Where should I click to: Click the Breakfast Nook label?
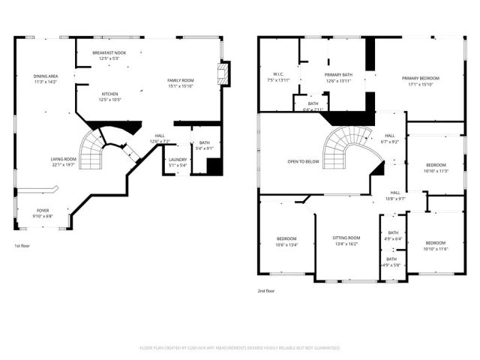(x=110, y=53)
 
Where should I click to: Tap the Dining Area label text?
(x=46, y=76)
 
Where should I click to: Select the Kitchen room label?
(x=110, y=94)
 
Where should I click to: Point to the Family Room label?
(x=180, y=81)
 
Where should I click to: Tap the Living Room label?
(x=64, y=159)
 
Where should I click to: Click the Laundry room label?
(x=177, y=160)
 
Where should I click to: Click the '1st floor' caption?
(x=22, y=246)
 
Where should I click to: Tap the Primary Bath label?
(x=338, y=75)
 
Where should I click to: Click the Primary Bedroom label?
(x=420, y=79)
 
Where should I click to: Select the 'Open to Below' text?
(x=303, y=161)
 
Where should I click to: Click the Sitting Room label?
(x=346, y=238)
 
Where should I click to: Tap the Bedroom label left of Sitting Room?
(x=286, y=238)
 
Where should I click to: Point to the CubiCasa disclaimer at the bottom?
(x=240, y=348)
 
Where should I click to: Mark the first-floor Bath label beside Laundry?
(x=205, y=142)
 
